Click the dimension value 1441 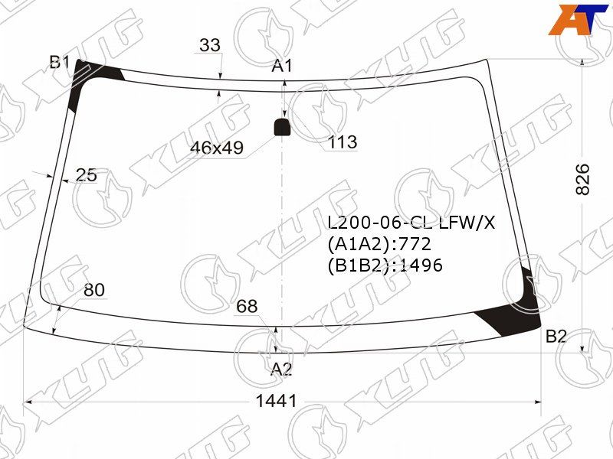coord(276,401)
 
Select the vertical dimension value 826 coord(582,180)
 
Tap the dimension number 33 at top coord(210,45)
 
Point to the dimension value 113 coord(343,142)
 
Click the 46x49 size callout coord(217,148)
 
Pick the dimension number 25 coord(86,175)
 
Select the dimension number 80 coord(94,290)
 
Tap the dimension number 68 coord(247,307)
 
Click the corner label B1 coord(60,62)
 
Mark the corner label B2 coord(556,336)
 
